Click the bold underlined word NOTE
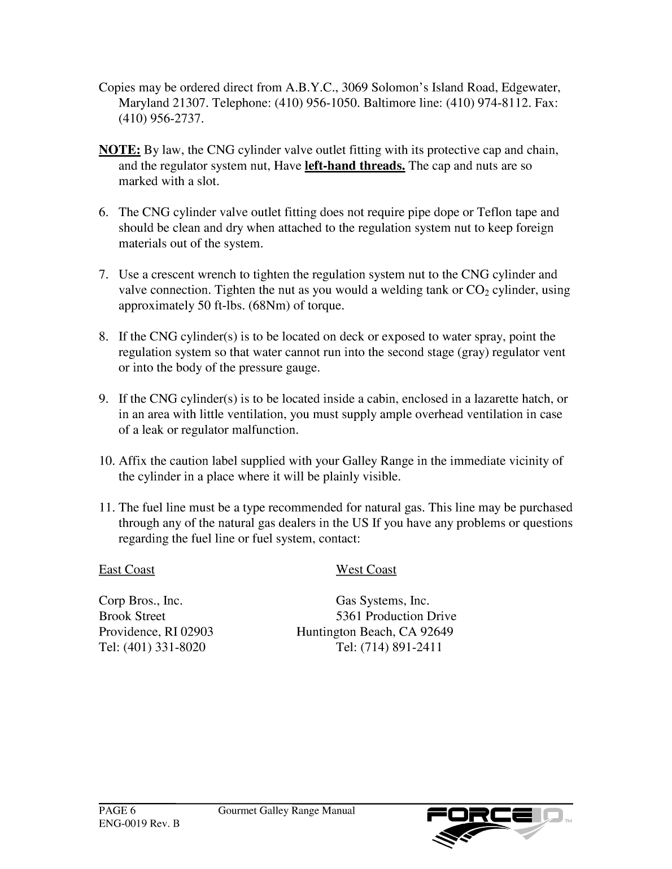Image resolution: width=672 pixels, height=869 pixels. click(x=119, y=150)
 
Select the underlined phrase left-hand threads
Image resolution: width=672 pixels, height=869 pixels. click(x=355, y=166)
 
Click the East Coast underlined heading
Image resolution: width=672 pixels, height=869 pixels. click(x=126, y=569)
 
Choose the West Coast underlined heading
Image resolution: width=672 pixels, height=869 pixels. click(x=366, y=569)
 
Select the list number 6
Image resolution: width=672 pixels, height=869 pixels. click(x=103, y=212)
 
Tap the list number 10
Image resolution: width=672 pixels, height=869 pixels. click(x=106, y=461)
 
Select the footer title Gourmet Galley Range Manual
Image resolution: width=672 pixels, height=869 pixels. click(x=286, y=811)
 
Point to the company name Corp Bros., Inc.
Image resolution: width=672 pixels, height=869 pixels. click(x=141, y=600)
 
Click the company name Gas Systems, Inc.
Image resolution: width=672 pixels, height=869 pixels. click(x=382, y=600)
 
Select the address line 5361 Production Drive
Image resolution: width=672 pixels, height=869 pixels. click(x=396, y=616)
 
